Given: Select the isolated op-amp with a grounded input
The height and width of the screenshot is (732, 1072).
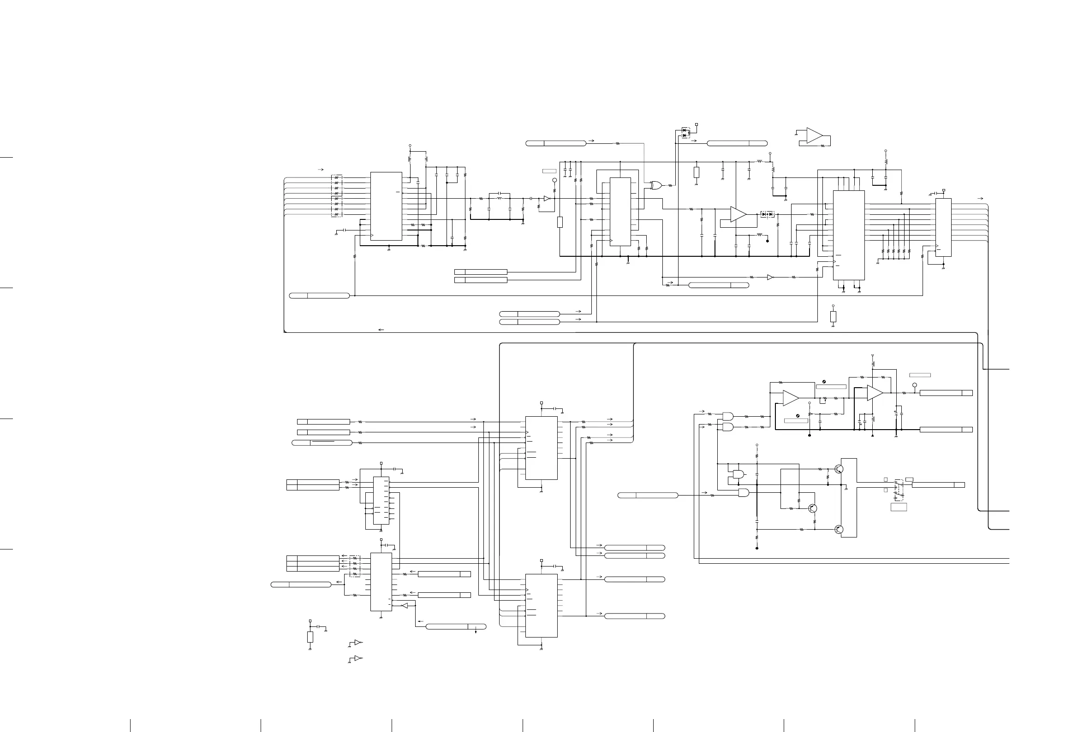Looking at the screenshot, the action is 814,136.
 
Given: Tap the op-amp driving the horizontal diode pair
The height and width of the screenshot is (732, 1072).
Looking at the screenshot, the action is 738,214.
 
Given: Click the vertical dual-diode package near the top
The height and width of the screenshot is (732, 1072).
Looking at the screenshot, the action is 685,133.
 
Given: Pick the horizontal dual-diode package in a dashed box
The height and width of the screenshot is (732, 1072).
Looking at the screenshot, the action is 768,214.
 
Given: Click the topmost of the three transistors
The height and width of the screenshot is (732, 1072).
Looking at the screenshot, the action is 840,469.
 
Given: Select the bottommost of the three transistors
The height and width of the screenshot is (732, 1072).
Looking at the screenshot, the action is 840,530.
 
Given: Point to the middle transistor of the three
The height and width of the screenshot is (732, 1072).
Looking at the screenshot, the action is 813,508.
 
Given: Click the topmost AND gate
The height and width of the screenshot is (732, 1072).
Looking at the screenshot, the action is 728,415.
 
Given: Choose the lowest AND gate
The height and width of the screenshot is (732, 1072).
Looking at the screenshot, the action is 744,493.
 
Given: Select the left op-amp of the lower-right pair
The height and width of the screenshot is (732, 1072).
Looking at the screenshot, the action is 791,398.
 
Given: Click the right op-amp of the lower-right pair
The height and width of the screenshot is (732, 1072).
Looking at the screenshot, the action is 875,393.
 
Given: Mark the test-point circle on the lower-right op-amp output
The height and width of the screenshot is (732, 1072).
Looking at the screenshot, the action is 915,385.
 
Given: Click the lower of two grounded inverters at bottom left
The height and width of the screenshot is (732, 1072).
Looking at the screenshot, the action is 358,658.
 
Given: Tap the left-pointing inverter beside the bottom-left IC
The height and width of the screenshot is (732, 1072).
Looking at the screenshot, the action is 405,605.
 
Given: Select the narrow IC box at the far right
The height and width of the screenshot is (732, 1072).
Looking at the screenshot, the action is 943,227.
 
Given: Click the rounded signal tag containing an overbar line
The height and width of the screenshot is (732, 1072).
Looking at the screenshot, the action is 322,443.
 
